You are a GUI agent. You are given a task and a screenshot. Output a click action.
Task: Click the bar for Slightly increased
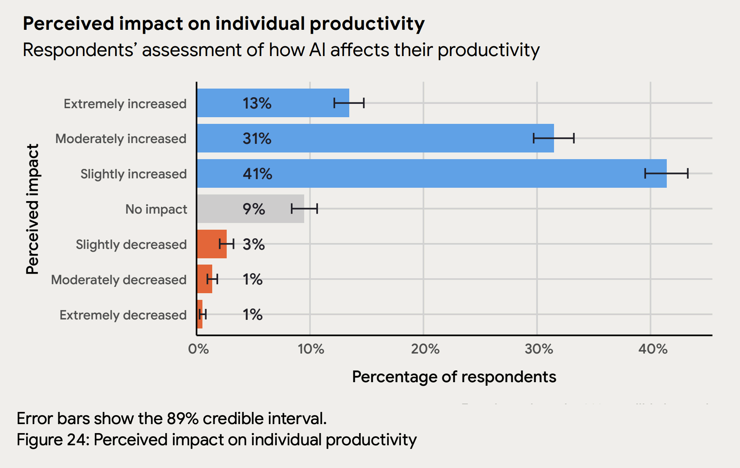tap(431, 173)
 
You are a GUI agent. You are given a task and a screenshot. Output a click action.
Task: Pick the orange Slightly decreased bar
tap(211, 244)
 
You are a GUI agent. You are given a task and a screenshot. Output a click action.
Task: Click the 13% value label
tap(257, 103)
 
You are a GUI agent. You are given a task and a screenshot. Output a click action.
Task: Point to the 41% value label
tap(257, 174)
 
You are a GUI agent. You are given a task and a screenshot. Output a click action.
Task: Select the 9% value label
tap(254, 209)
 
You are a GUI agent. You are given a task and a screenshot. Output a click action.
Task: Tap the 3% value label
tap(254, 244)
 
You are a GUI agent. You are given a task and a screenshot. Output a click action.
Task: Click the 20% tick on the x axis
tap(425, 349)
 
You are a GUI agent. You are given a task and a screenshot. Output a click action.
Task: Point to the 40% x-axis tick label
tap(652, 349)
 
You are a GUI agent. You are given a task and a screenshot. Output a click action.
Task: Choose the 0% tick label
tap(198, 349)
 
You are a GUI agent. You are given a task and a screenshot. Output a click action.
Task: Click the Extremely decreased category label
tap(123, 315)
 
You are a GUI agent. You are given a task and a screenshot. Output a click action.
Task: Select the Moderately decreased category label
tap(119, 280)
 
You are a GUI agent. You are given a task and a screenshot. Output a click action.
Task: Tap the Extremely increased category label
tap(125, 104)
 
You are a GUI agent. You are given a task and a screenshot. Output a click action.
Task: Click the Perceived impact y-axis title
tap(32, 209)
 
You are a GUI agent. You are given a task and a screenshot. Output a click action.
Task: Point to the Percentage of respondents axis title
tap(454, 377)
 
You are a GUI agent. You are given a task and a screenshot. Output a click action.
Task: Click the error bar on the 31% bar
tap(554, 138)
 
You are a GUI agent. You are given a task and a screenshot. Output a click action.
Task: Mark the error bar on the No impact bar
tap(304, 209)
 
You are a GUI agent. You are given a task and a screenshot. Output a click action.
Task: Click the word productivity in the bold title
tap(367, 24)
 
